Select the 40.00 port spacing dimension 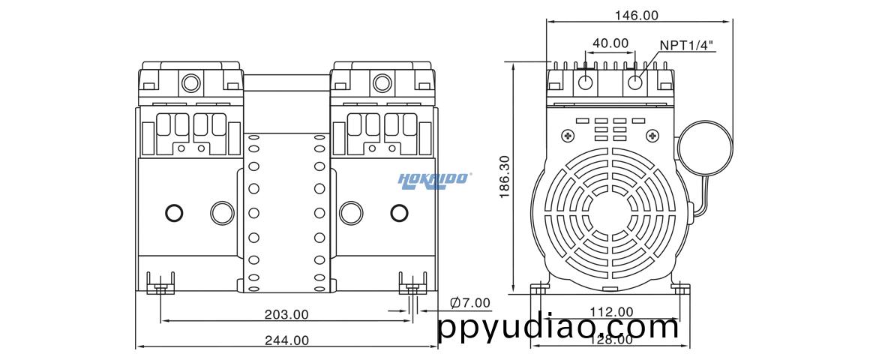610,43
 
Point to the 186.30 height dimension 505,177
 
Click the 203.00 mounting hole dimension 286,314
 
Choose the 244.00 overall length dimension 286,340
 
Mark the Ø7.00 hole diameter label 469,303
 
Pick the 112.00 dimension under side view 610,311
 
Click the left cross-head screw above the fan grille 567,136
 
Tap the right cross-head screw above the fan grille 649,136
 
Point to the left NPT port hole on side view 586,81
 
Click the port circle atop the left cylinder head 191,80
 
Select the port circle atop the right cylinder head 383,80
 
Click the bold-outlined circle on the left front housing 173,213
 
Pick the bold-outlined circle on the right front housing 399,213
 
